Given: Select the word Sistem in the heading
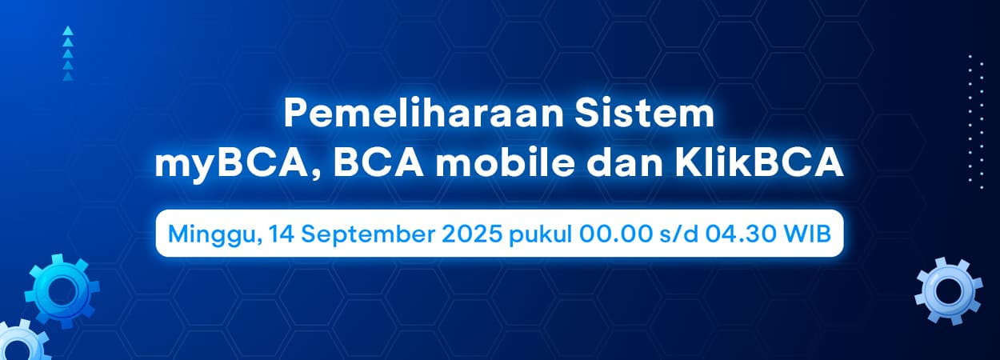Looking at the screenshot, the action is tap(645, 114).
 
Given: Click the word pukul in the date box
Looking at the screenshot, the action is tap(541, 235).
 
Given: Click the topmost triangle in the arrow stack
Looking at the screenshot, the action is tap(68, 30).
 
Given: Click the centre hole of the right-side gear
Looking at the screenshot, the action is tap(948, 291).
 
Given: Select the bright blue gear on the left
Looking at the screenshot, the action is tap(62, 291).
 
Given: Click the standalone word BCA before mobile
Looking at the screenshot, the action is tap(378, 164).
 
